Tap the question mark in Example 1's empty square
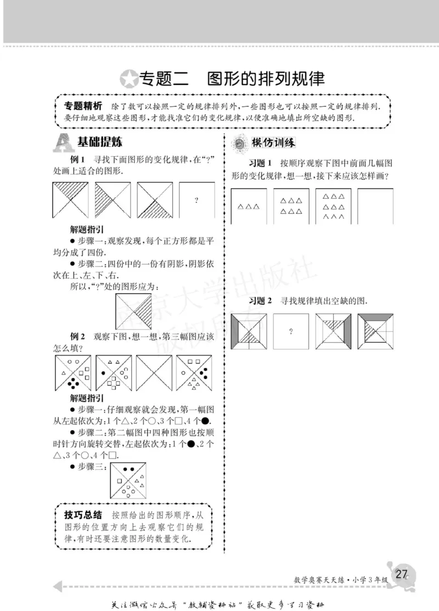tap(196, 200)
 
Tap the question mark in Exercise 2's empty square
tap(290, 331)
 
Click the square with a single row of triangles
tap(249, 206)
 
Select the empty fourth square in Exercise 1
tap(375, 206)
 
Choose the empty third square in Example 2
tap(153, 372)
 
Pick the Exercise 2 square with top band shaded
tap(375, 331)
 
